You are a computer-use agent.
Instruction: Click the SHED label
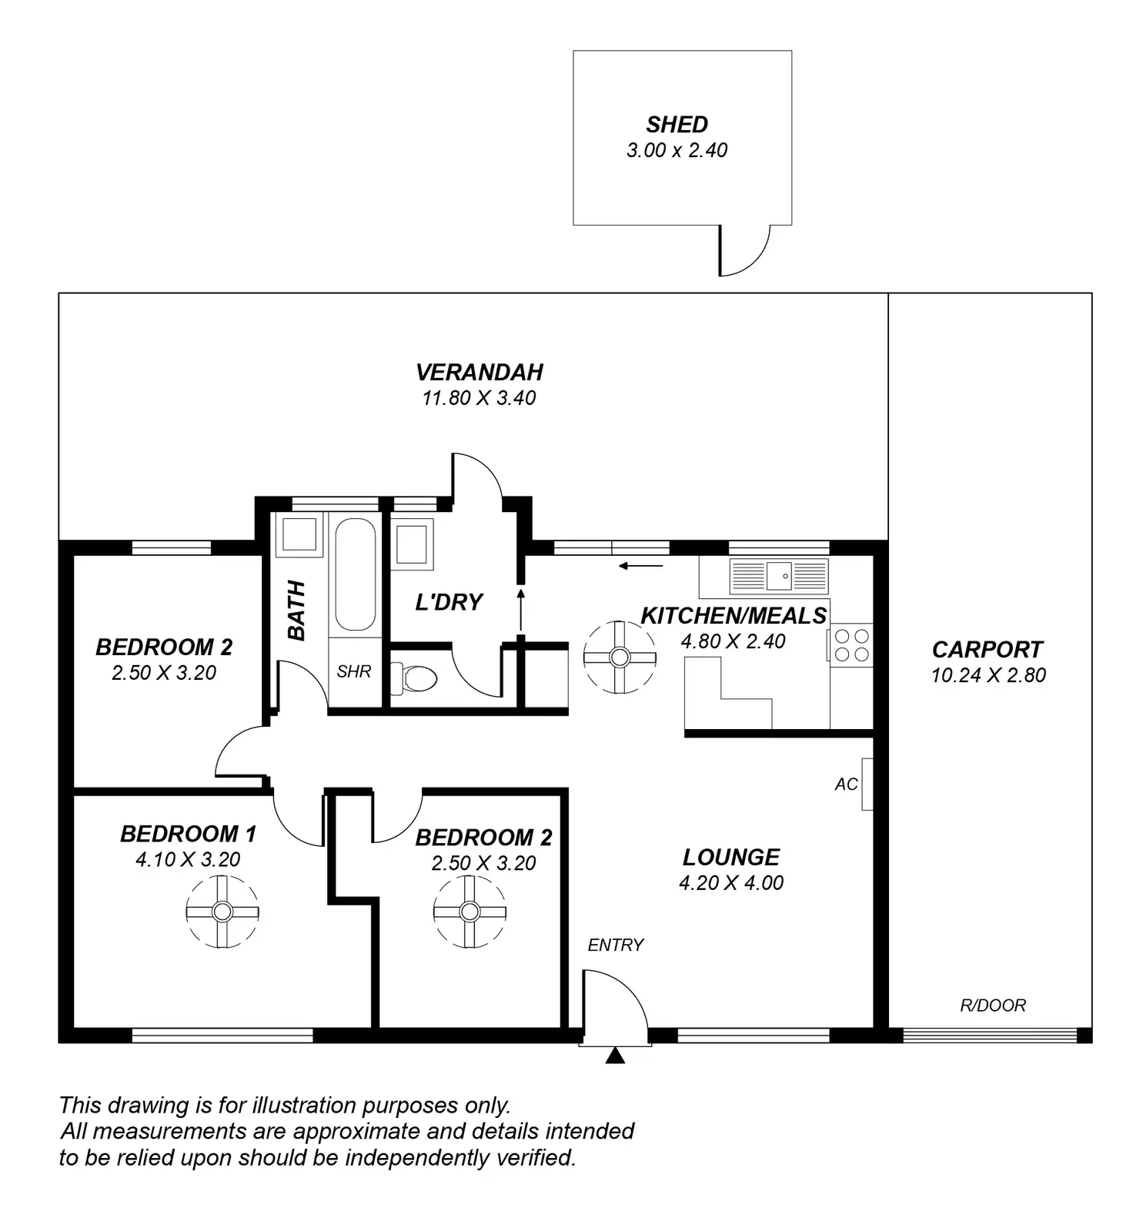tap(677, 125)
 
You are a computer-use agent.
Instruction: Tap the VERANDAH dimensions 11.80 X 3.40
tap(479, 398)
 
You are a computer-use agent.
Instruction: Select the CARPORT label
tap(988, 650)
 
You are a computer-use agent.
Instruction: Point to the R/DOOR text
tap(993, 1006)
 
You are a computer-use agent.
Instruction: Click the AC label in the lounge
tap(846, 785)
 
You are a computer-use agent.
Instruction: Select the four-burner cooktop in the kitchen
tap(852, 645)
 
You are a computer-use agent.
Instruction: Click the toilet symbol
tap(415, 678)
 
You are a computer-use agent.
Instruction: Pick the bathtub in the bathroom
tap(355, 574)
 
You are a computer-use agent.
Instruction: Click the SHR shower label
tap(354, 671)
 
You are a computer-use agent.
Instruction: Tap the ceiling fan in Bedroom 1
tap(222, 912)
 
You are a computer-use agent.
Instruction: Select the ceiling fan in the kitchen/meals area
tap(620, 657)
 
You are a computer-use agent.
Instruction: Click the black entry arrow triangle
tap(614, 1056)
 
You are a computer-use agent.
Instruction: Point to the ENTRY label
tap(616, 945)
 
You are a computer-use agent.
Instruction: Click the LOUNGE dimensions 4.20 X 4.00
tap(731, 883)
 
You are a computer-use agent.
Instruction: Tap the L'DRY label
tap(449, 602)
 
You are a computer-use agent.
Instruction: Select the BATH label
tap(297, 611)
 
